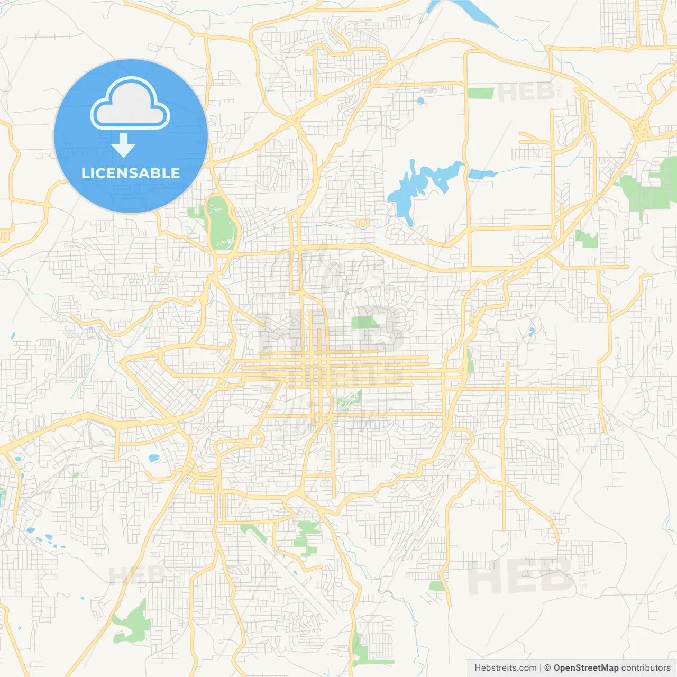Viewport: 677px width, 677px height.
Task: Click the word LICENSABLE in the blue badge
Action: [131, 173]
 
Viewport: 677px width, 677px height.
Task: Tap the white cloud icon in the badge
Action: [130, 103]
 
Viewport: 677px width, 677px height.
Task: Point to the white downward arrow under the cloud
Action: [123, 145]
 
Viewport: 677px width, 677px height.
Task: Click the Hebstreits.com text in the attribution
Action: [505, 668]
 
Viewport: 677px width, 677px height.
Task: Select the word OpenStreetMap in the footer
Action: [585, 668]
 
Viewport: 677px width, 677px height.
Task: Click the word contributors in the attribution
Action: [646, 668]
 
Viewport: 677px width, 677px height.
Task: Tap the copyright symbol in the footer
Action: [547, 668]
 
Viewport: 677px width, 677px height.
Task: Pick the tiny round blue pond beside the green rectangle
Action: [420, 100]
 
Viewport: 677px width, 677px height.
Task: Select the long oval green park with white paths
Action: [222, 225]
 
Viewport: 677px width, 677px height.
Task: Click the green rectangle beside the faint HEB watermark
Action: [480, 94]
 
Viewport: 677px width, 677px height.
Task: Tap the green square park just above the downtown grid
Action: [364, 323]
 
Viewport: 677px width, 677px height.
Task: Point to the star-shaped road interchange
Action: [641, 129]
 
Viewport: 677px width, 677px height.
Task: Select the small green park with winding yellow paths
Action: [349, 400]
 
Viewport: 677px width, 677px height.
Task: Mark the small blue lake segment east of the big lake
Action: [481, 173]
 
